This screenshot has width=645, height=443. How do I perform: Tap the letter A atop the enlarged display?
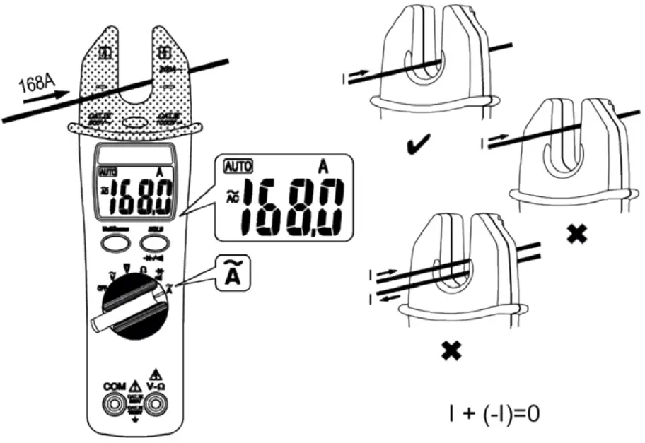point(323,167)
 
